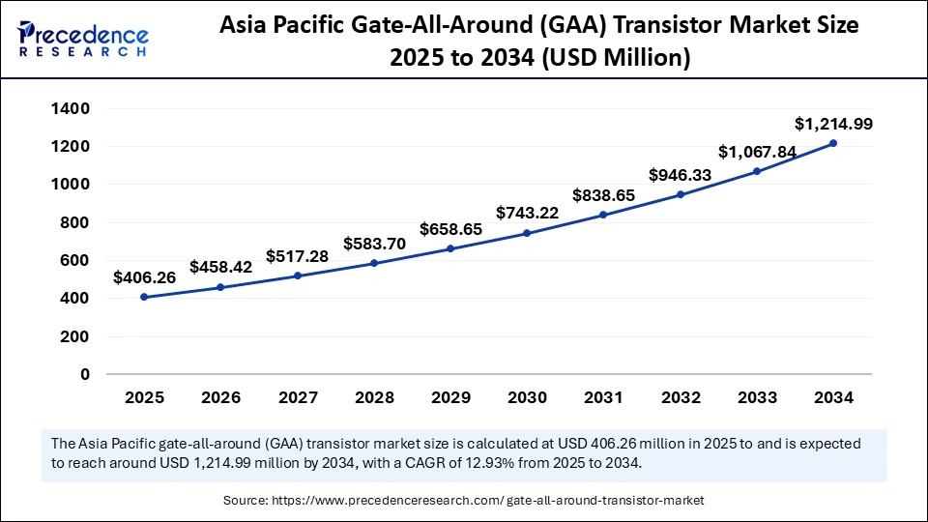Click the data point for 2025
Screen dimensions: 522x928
click(144, 297)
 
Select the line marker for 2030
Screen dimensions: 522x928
click(527, 233)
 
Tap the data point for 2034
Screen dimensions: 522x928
click(833, 143)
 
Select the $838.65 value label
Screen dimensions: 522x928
click(603, 195)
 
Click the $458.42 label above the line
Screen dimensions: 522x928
click(220, 266)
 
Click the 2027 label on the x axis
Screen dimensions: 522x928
click(297, 398)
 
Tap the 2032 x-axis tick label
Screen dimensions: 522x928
click(680, 398)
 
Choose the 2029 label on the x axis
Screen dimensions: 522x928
click(450, 398)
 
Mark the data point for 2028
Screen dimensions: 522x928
click(373, 263)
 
